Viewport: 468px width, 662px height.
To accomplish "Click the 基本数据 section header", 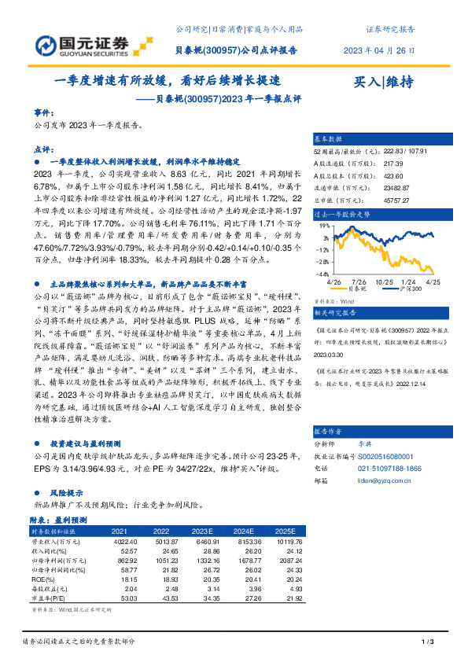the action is click(x=330, y=138).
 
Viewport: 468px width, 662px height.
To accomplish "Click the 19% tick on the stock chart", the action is click(x=324, y=224).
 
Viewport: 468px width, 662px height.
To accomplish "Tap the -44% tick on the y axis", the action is click(x=322, y=274).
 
